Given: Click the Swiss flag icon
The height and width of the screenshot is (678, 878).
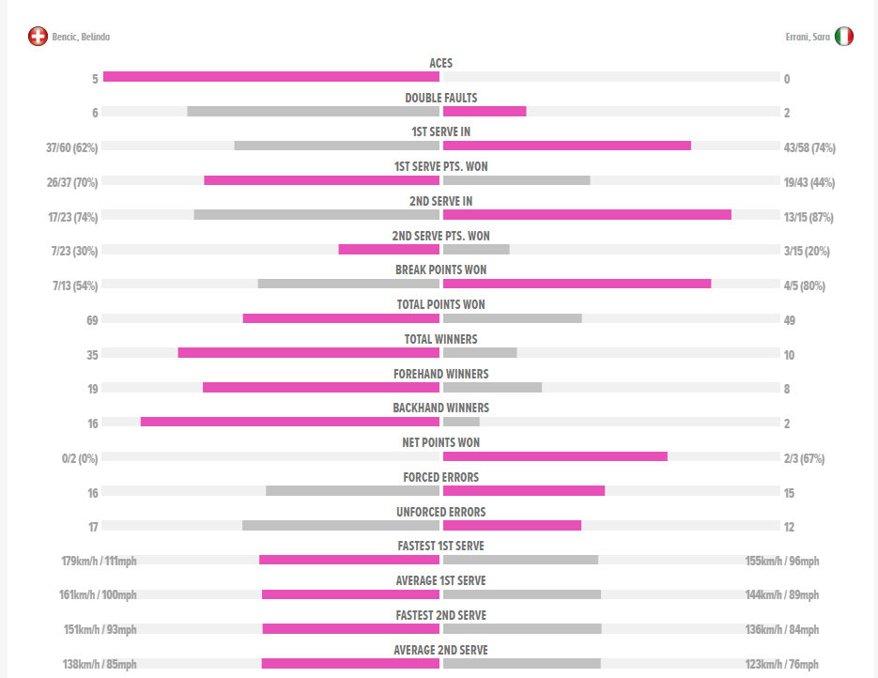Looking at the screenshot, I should (38, 37).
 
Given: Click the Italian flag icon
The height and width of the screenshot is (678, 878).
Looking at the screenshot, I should (843, 37).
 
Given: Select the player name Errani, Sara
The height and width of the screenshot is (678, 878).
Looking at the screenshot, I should (807, 38).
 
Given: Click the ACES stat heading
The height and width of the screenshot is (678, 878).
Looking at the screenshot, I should (440, 63).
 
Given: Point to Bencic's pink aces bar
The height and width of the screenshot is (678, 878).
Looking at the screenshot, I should (270, 77).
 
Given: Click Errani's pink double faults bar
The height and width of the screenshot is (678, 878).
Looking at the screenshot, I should (484, 111).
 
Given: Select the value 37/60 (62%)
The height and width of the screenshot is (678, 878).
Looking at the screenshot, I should (72, 147).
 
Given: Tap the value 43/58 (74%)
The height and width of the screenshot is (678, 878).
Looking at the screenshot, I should (809, 147).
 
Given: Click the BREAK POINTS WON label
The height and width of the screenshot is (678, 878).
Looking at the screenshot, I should (440, 270).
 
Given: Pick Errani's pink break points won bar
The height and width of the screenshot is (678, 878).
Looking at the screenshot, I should (577, 284).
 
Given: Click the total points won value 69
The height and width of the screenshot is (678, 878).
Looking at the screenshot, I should (92, 320).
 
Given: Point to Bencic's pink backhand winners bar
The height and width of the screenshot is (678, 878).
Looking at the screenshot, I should (289, 422).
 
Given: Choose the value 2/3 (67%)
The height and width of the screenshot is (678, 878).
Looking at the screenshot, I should (806, 458).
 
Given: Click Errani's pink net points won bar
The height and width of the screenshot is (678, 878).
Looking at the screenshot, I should (555, 456).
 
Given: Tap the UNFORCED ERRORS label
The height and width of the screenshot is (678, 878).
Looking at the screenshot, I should (440, 512).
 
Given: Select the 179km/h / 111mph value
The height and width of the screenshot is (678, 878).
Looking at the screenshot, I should (99, 562).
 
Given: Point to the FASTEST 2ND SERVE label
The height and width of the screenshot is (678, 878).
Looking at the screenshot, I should (440, 615).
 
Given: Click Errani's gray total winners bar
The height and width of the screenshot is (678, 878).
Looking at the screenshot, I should (479, 353).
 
